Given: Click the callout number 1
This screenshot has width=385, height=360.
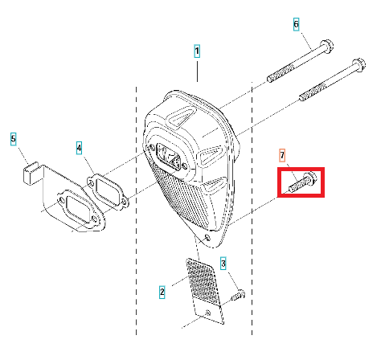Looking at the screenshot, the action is pos(197,51).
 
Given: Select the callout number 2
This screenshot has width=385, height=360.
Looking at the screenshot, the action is pos(162,292).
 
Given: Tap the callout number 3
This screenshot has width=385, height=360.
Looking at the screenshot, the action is pos(223,264).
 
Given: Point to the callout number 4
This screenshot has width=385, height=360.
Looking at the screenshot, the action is pos(79,148).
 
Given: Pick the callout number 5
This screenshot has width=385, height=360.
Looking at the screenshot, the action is pos(14,139).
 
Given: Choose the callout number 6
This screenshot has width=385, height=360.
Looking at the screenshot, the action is pos(296,24).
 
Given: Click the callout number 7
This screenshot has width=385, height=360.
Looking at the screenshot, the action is pos(282,155).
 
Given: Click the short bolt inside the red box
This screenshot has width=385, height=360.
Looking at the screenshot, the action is pos(303,182).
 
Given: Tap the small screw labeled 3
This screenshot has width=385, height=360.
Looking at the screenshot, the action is pos(238,295).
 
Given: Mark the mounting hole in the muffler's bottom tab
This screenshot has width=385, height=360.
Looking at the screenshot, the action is pos(207,238).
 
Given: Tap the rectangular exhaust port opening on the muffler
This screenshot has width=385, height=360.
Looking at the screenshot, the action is pos(168,156).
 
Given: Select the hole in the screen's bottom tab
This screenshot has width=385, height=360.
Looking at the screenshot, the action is pos(207,313).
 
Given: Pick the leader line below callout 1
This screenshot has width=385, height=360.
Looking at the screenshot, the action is pos(198,72).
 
